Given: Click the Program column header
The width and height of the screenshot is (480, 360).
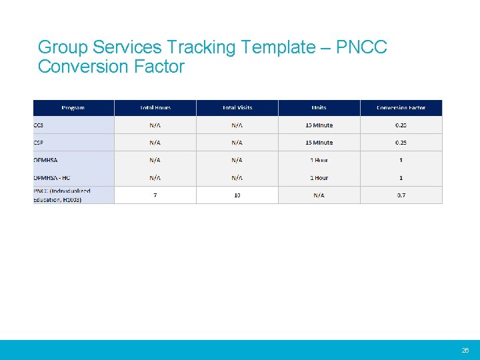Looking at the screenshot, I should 73,108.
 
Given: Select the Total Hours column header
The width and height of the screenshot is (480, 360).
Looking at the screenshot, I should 155,108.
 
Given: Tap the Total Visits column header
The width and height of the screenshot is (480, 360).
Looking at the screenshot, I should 237,108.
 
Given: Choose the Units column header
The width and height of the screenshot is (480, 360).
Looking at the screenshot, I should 319,108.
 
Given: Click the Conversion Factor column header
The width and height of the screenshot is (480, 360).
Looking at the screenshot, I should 401,108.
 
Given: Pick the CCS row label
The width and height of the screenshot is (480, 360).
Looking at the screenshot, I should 39,125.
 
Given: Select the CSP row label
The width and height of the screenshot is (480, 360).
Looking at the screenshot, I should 39,143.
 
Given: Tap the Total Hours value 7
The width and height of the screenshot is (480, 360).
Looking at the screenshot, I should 155,195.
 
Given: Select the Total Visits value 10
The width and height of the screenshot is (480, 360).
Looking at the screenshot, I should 237,195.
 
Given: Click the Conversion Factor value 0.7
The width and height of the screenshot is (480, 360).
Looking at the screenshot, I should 401,195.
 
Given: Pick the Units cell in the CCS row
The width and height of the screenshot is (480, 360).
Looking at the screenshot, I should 319,125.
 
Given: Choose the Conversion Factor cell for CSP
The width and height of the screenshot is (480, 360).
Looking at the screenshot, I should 401,143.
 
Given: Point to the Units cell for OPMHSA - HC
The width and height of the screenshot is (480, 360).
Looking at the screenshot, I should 319,178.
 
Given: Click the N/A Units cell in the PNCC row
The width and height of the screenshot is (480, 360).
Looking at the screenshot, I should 319,195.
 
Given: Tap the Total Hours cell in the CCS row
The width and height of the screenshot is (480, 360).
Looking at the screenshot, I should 155,125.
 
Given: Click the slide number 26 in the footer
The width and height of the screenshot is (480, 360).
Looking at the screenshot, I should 465,351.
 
